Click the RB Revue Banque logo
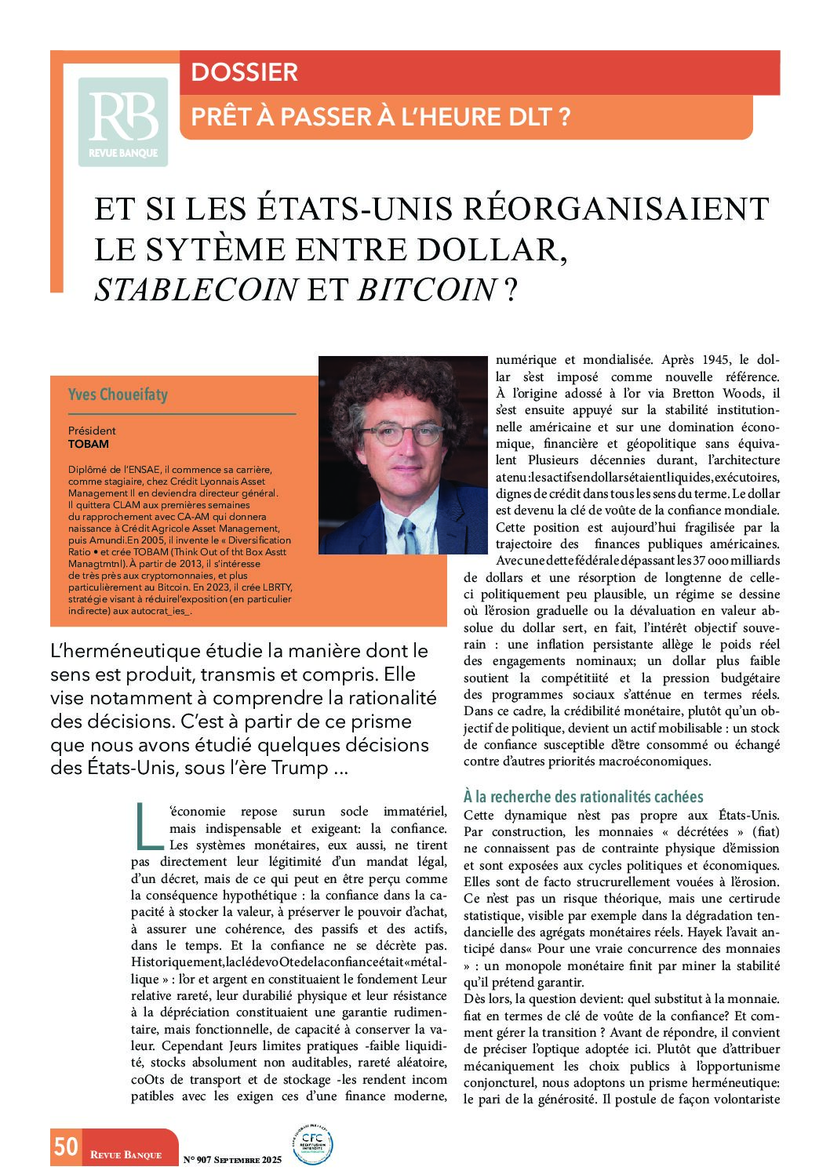pyautogui.click(x=123, y=122)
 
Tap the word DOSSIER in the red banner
pyautogui.click(x=244, y=72)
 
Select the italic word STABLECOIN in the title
pyautogui.click(x=195, y=290)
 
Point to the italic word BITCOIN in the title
pyautogui.click(x=427, y=290)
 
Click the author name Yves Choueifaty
pyautogui.click(x=118, y=394)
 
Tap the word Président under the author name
pyautogui.click(x=92, y=431)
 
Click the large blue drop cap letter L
pyautogui.click(x=146, y=825)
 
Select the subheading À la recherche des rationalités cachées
pyautogui.click(x=583, y=797)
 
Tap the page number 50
pyautogui.click(x=66, y=1147)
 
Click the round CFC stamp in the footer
pyautogui.click(x=311, y=1144)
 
